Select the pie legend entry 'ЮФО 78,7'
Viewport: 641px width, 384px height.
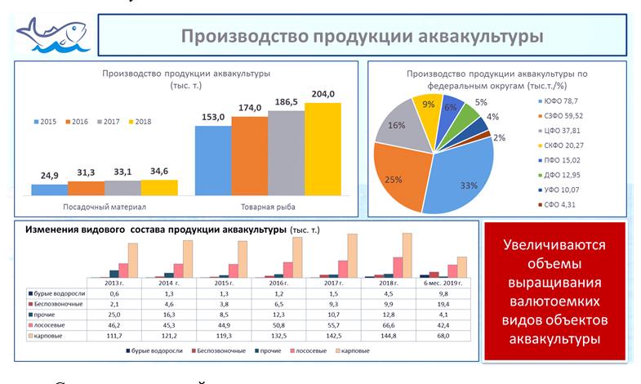pos(567,100)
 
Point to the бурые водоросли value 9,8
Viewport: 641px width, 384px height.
pos(443,292)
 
